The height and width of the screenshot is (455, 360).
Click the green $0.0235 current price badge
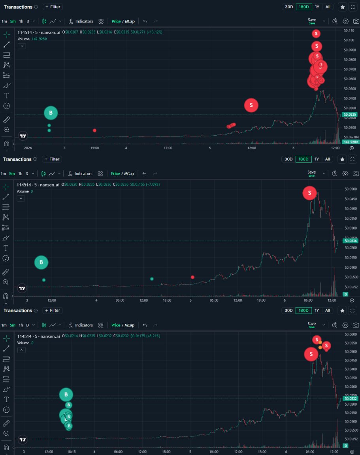(x=350, y=115)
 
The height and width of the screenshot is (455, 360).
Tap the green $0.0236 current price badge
(x=350, y=241)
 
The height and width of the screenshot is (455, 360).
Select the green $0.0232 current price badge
(x=350, y=398)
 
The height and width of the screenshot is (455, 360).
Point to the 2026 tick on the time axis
(x=28, y=148)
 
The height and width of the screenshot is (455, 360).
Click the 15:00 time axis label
(x=94, y=148)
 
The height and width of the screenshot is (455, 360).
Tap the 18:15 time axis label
(x=72, y=451)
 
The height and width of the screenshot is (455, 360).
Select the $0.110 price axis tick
(x=349, y=30)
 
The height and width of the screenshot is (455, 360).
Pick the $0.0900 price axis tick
(x=349, y=50)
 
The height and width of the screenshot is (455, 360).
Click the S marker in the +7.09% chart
(x=310, y=193)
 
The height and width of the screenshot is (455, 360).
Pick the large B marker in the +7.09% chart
(x=41, y=262)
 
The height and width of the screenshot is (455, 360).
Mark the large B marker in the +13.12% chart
(x=51, y=113)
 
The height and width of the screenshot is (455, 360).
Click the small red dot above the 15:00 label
(x=94, y=130)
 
